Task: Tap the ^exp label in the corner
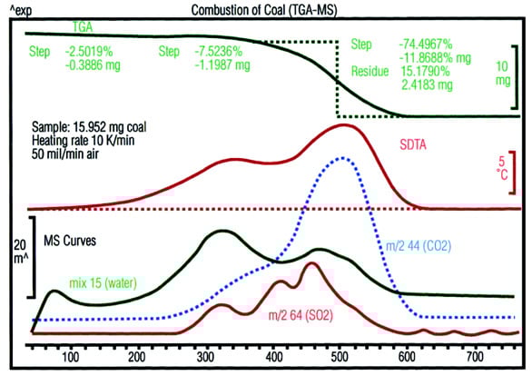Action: coord(19,9)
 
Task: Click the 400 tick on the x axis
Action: coord(275,359)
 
